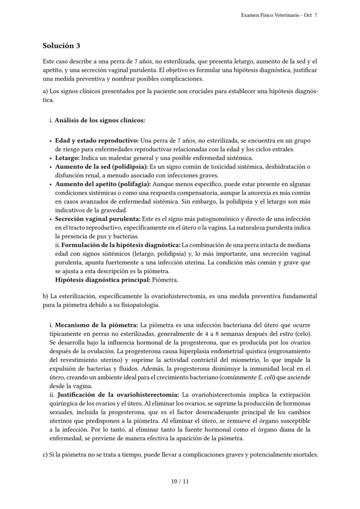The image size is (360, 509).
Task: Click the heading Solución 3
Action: (61, 46)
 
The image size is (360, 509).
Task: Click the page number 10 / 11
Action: (180, 481)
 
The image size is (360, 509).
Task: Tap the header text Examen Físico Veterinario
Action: (270, 15)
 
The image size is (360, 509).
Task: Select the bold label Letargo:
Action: (67, 158)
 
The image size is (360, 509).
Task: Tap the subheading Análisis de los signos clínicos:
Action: (100, 120)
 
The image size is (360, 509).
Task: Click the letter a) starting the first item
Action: (45, 92)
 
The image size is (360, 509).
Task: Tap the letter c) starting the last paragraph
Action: (45, 455)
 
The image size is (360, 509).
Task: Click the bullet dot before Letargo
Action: (51, 158)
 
